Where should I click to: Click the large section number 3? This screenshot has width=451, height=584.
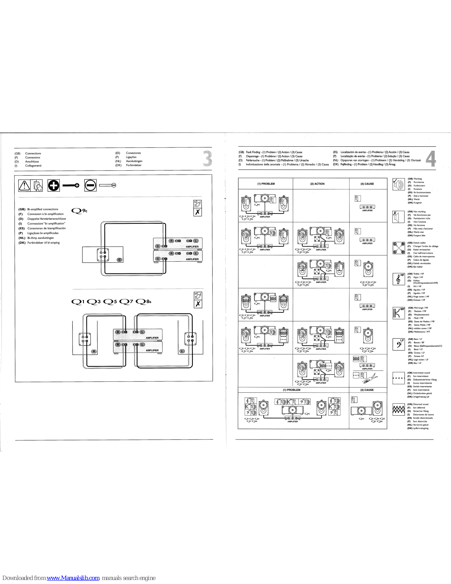tap(207, 159)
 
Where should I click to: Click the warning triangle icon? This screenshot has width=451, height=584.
tap(24, 185)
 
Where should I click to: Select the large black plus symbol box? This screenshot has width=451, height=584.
tap(54, 185)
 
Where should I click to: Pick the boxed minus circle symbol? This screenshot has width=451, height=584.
tap(90, 185)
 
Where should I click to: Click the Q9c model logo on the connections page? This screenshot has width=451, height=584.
tap(79, 211)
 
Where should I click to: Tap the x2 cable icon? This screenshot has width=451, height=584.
tap(197, 204)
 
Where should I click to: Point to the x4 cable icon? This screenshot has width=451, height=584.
tap(198, 296)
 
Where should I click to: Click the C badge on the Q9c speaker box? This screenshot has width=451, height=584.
tap(119, 260)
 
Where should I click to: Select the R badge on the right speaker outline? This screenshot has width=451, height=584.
tap(94, 351)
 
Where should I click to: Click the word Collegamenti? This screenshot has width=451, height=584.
tap(33, 166)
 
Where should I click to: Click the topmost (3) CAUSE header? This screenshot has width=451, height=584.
tap(367, 184)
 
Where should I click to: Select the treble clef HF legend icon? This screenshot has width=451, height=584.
tap(398, 279)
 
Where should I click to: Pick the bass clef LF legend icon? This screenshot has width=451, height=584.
tap(398, 344)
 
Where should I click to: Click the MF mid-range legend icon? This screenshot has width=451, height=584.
tap(398, 313)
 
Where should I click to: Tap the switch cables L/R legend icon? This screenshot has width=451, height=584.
tap(398, 248)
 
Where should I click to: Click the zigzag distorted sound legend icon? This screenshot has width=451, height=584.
tap(398, 410)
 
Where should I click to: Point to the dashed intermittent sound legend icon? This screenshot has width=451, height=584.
tap(398, 378)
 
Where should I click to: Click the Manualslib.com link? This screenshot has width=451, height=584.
tap(73, 578)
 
